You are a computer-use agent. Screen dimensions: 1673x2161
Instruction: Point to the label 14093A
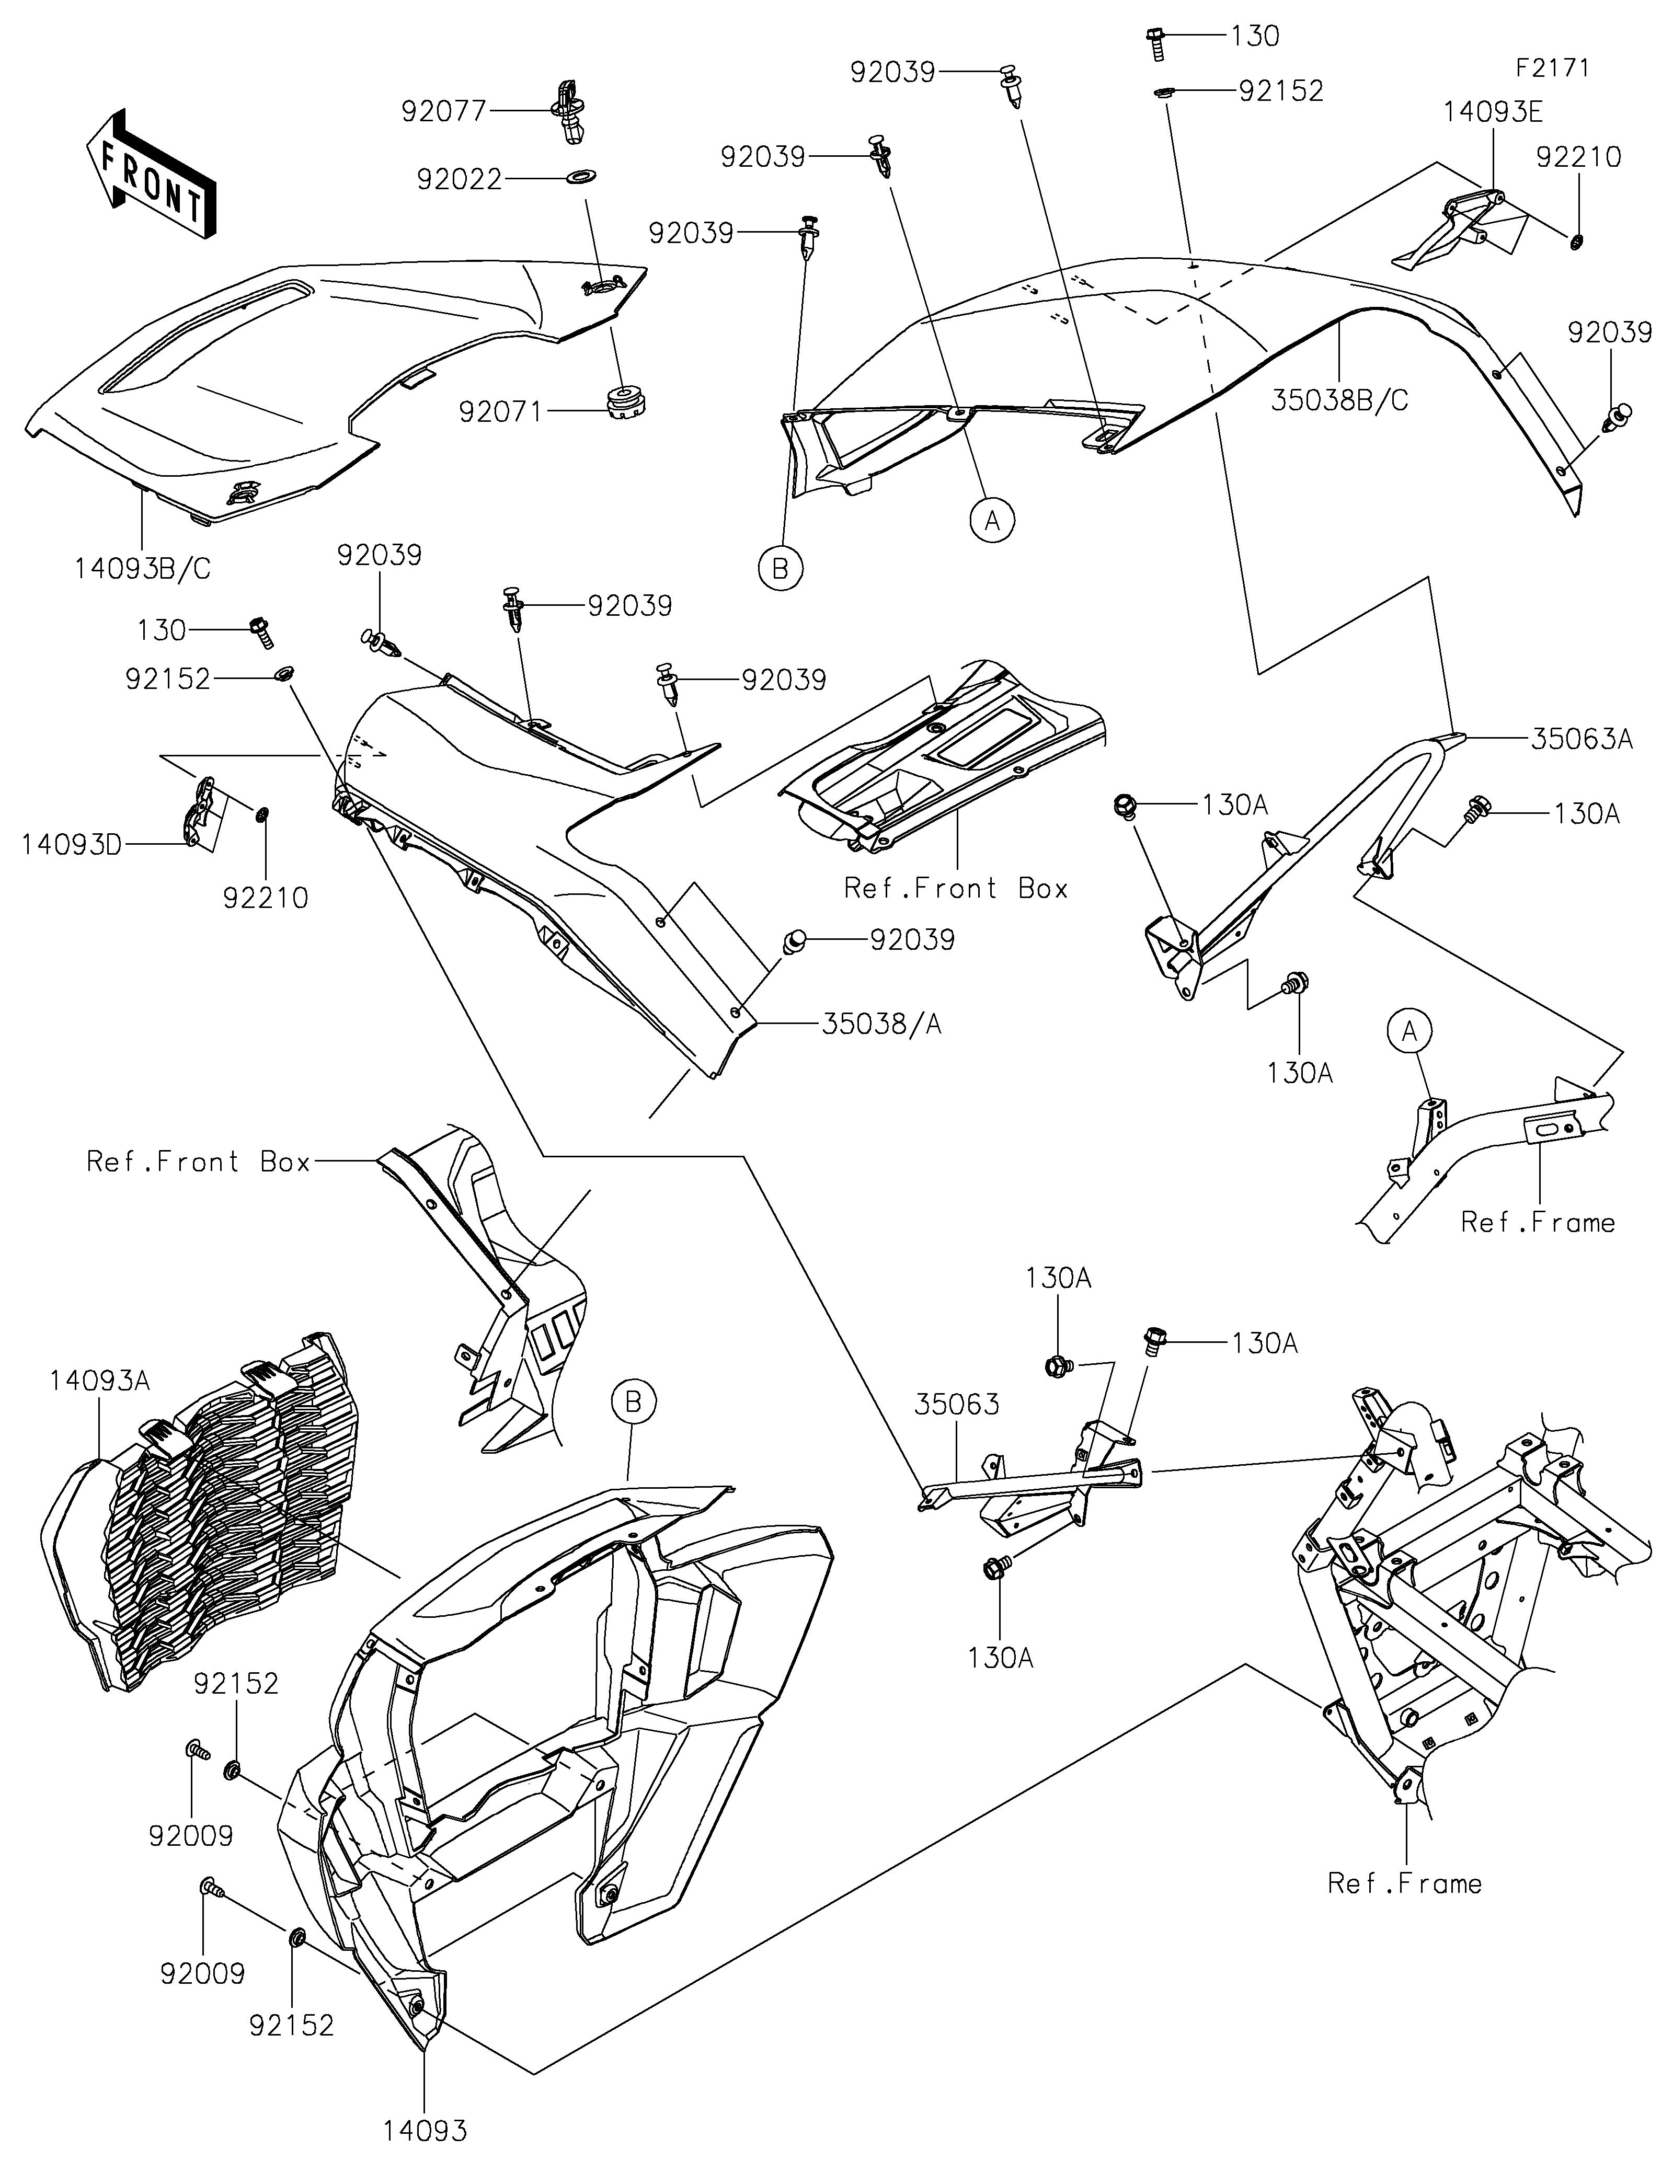click(x=100, y=1381)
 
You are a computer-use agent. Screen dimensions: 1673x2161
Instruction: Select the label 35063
click(x=957, y=1404)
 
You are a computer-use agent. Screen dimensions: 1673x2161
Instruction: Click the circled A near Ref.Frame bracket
click(x=1410, y=1032)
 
